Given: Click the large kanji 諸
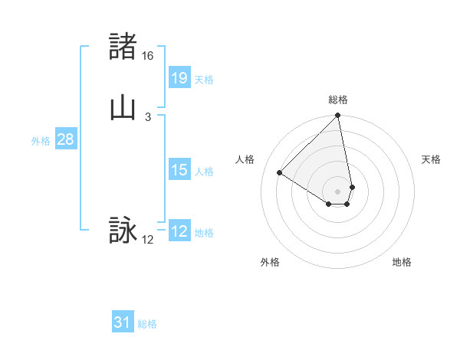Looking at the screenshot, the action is [123, 47].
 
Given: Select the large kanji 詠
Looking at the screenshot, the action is [123, 230].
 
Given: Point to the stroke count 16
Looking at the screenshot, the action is [148, 56].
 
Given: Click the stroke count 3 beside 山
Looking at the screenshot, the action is [148, 116].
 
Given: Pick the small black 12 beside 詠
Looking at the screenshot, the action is [148, 239].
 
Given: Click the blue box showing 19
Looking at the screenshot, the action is [179, 77].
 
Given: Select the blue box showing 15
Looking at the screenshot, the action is [179, 170].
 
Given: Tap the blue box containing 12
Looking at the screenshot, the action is [179, 232].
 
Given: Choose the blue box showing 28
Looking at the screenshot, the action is [65, 139].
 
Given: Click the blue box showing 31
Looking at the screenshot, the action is [123, 322].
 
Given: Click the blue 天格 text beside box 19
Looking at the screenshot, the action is [204, 79].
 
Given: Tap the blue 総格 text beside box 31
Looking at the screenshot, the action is [147, 324].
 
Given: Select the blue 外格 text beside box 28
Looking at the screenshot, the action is [41, 141].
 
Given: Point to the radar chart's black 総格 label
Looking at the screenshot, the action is [338, 100].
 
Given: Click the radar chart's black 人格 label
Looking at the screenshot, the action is [245, 159].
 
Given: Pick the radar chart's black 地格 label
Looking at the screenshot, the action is [402, 262].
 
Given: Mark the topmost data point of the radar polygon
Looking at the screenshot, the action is [338, 116].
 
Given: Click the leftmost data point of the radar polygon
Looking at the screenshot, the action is [280, 173].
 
